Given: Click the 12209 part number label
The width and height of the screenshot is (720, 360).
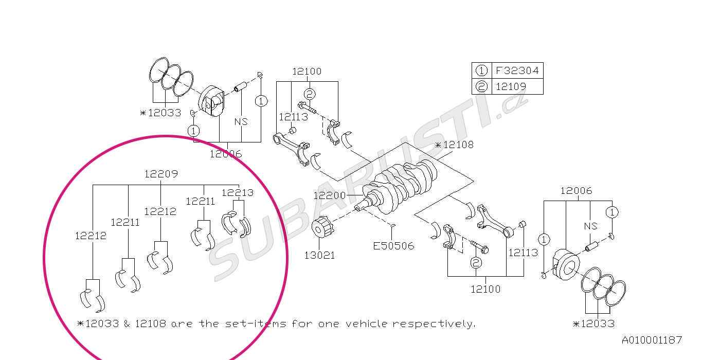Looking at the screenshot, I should point(161,174).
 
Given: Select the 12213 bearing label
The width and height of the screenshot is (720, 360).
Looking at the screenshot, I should point(238,193).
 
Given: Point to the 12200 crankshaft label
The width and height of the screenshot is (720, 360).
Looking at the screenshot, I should point(329,195).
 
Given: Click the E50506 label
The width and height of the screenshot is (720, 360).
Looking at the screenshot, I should point(393,246).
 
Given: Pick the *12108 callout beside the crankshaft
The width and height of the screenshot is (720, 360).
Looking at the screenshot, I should point(454,145).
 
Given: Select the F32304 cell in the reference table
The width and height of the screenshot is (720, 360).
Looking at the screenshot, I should point(517,70).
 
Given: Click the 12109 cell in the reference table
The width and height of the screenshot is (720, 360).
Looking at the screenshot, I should point(510,86).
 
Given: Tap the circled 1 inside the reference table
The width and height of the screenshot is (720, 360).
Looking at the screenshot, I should point(481,70).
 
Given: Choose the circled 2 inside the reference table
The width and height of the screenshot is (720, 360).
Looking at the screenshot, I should point(481,86).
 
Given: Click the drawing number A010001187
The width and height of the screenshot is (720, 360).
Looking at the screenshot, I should point(652,340).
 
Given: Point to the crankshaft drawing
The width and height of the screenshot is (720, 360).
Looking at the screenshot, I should point(401,185).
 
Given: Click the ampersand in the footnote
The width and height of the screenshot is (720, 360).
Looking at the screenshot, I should point(127,324).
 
